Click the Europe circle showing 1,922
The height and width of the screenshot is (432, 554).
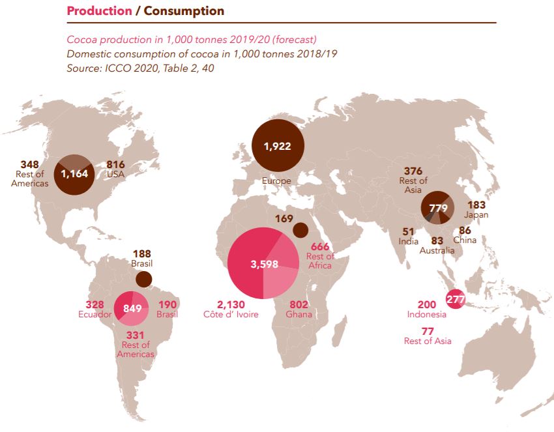tap(277, 146)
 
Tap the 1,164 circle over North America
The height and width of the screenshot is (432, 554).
tap(74, 174)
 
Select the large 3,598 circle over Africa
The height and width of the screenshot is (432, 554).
tap(263, 264)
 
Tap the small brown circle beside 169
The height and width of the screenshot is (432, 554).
tap(300, 229)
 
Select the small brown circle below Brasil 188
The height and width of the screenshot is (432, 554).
tap(143, 280)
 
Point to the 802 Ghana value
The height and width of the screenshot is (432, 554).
tap(298, 304)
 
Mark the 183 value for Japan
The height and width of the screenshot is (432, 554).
tap(477, 205)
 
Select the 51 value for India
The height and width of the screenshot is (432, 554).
tap(408, 231)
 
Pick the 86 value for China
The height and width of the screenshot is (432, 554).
tap(465, 230)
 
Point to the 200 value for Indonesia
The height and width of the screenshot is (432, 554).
tap(428, 305)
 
